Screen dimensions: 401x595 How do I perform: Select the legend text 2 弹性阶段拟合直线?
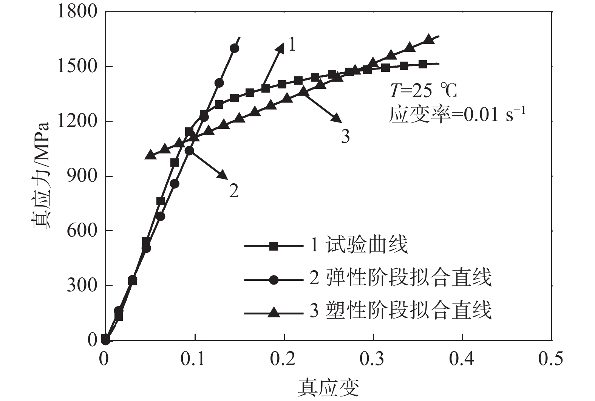tap(400, 278)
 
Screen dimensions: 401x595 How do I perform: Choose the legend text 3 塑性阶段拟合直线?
tap(400, 311)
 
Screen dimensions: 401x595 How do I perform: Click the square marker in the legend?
tap(274, 246)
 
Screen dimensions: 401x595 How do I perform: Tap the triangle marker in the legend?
tap(274, 313)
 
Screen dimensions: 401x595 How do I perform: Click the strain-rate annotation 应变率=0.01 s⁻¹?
tap(457, 114)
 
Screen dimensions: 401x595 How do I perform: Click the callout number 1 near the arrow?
tap(292, 45)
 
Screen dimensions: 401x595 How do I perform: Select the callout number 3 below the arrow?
tap(345, 136)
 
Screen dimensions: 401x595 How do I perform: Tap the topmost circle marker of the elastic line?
tap(234, 48)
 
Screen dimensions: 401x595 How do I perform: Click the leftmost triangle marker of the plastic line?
tap(150, 155)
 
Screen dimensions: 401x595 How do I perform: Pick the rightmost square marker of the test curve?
tap(423, 64)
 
